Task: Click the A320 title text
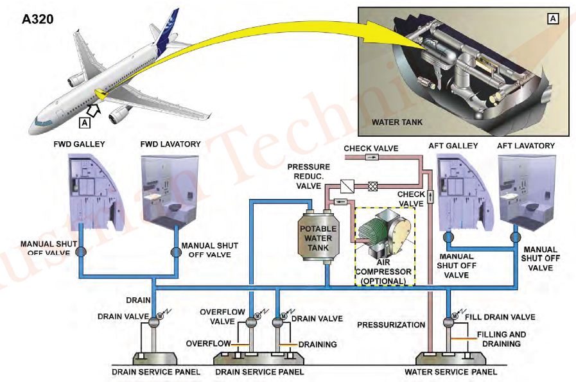click(37, 19)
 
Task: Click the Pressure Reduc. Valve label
click(308, 176)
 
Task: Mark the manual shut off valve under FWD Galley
click(80, 252)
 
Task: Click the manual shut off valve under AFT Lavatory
click(514, 238)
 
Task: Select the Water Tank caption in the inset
click(397, 121)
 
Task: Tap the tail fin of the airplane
click(168, 32)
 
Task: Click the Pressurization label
click(391, 325)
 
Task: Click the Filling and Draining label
click(501, 339)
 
